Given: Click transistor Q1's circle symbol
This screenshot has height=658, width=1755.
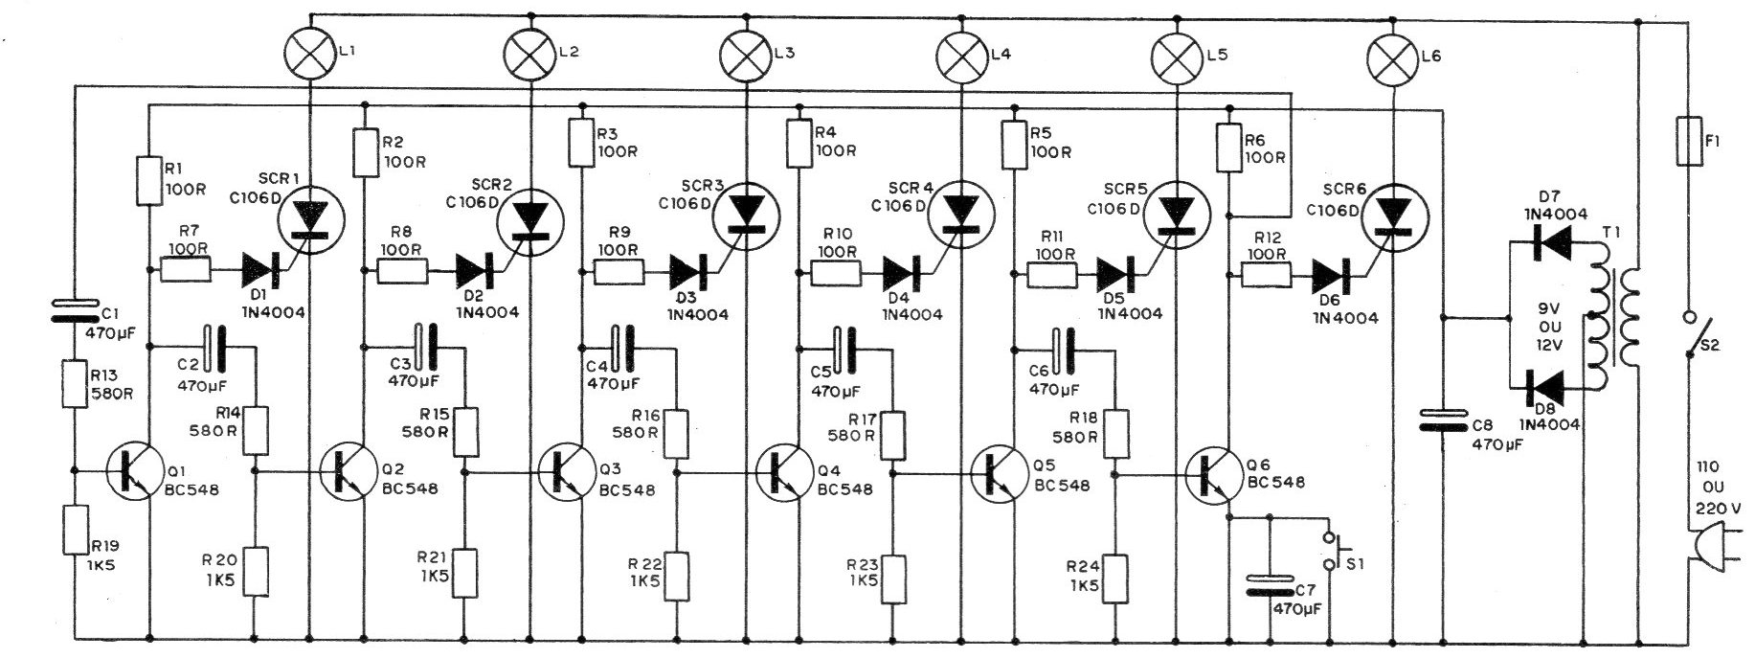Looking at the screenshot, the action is point(136,471).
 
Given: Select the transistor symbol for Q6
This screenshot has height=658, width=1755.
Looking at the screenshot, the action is point(1217,470).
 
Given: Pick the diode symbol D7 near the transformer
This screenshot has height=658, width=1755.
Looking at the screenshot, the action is point(1550,241).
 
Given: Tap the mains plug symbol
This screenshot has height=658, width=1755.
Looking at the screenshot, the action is point(1695,571).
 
